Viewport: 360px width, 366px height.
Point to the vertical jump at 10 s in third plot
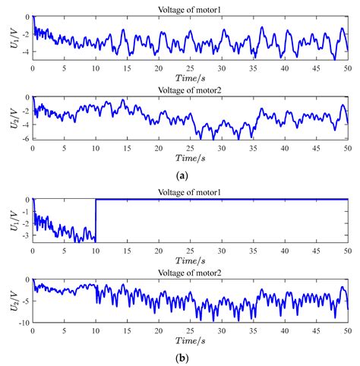96,220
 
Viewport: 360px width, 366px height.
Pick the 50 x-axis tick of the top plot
346,68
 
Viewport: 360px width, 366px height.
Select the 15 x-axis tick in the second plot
126,147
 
